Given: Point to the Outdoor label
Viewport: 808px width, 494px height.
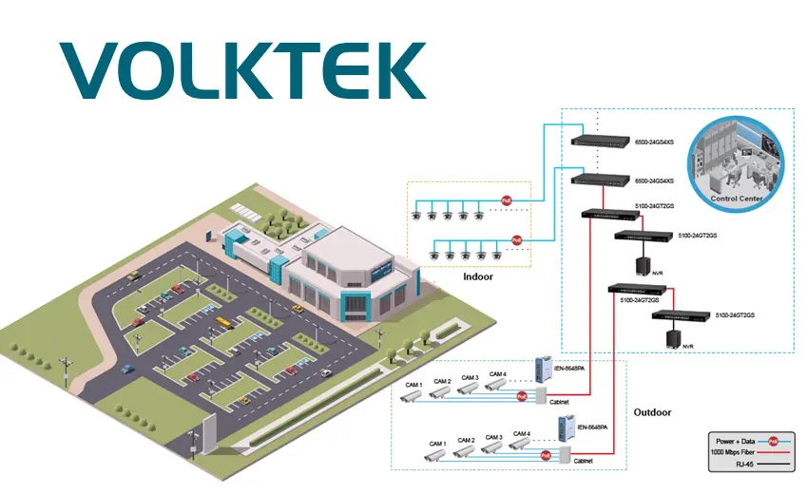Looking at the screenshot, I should [652, 412].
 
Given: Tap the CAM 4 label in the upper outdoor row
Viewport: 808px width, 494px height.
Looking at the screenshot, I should [498, 374].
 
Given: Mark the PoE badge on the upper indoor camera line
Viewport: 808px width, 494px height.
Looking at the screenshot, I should [507, 201].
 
